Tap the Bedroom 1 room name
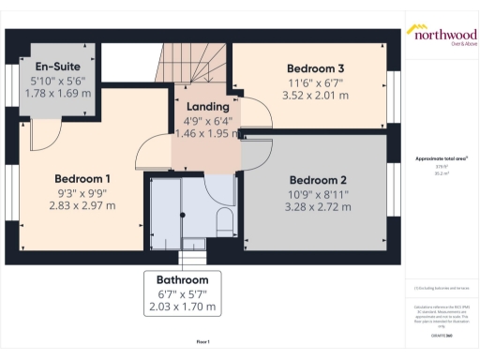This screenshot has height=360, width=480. [82, 179]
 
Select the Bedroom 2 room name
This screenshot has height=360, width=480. [318, 180]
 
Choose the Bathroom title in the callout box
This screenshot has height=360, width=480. [183, 280]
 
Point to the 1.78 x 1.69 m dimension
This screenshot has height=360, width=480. [60, 93]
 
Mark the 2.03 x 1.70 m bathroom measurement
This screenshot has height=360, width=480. [183, 307]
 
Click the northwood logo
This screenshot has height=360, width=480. [441, 34]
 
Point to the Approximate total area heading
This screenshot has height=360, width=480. [440, 158]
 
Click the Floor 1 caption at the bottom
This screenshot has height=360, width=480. [202, 341]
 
